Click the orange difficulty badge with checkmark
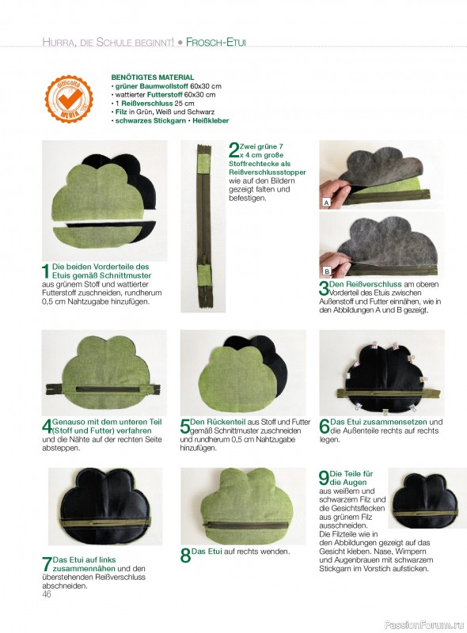point(69,98)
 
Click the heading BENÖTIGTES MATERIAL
point(152,77)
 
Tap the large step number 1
point(46,271)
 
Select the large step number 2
point(233,150)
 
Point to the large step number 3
point(324,288)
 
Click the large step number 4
point(47,426)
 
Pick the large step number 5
point(185,426)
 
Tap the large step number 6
point(324,426)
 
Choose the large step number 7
point(47,564)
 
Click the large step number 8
point(185,555)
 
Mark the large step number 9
point(324,478)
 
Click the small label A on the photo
point(326,203)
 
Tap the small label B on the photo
point(326,271)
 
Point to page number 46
point(47,594)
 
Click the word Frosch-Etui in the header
point(216,42)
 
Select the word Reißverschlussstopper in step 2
point(268,172)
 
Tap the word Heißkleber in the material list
point(211,120)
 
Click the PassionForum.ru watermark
point(424,624)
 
